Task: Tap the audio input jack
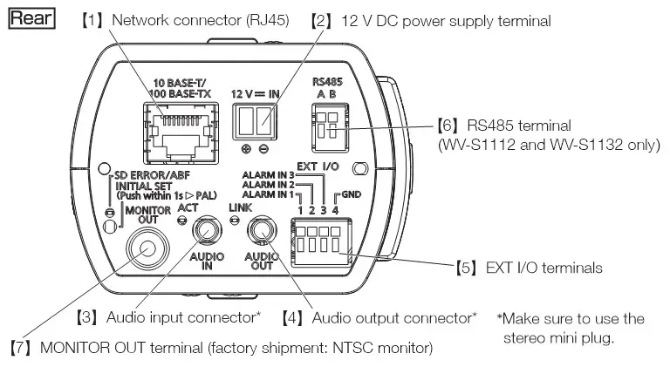207,231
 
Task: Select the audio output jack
262,231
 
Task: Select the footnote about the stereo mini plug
571,328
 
